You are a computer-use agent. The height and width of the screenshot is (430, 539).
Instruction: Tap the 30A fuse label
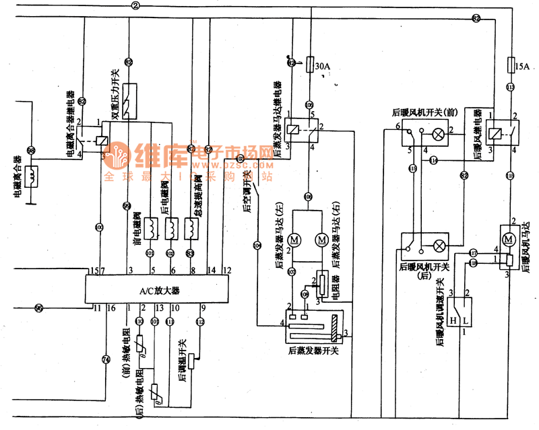(323, 66)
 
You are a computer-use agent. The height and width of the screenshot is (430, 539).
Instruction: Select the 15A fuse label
(522, 66)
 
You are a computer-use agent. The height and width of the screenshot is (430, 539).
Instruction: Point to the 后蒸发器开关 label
(313, 350)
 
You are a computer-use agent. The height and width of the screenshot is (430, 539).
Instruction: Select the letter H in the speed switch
(454, 321)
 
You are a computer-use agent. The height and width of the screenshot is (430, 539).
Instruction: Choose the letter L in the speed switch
(466, 321)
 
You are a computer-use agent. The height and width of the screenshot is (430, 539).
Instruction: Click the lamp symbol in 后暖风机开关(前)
(439, 135)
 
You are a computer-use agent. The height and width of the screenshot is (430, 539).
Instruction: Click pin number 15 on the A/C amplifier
(94, 270)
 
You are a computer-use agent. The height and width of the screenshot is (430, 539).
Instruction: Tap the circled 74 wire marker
(106, 359)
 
